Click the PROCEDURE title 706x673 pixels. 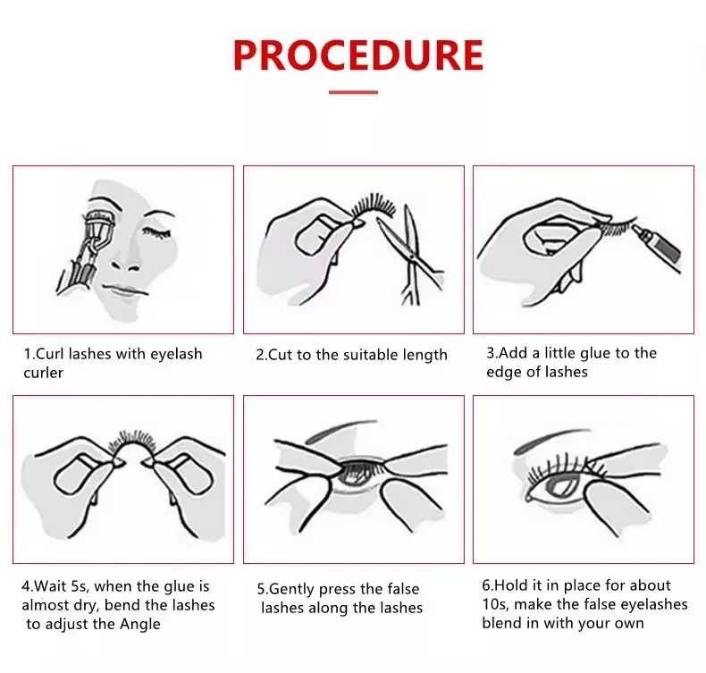358,55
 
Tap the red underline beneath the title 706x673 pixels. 353,92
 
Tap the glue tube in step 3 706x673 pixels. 658,248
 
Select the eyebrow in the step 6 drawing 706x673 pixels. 551,439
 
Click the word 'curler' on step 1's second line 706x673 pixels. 43,374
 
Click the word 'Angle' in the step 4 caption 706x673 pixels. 140,625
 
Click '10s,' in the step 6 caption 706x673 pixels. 495,604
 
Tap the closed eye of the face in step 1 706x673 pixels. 156,232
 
